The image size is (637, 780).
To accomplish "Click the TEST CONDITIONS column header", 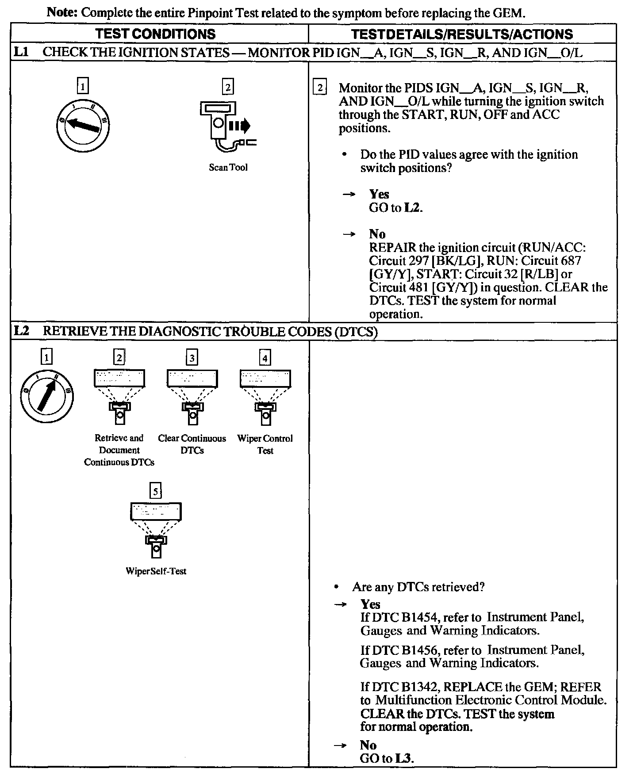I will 155,34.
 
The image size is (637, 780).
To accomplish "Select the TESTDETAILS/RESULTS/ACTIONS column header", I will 462,34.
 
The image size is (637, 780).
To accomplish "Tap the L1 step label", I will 21,52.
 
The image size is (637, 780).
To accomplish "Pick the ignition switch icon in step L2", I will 46,396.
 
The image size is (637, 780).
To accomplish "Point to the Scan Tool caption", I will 228,168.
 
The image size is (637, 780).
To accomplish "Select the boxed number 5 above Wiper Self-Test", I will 155,491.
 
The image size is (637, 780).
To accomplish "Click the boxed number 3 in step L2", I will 192,357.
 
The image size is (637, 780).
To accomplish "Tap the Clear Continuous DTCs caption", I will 192,444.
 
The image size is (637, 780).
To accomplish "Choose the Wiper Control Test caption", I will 265,444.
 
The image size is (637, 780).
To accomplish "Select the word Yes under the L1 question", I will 379,194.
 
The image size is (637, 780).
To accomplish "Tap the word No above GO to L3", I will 368,745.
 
